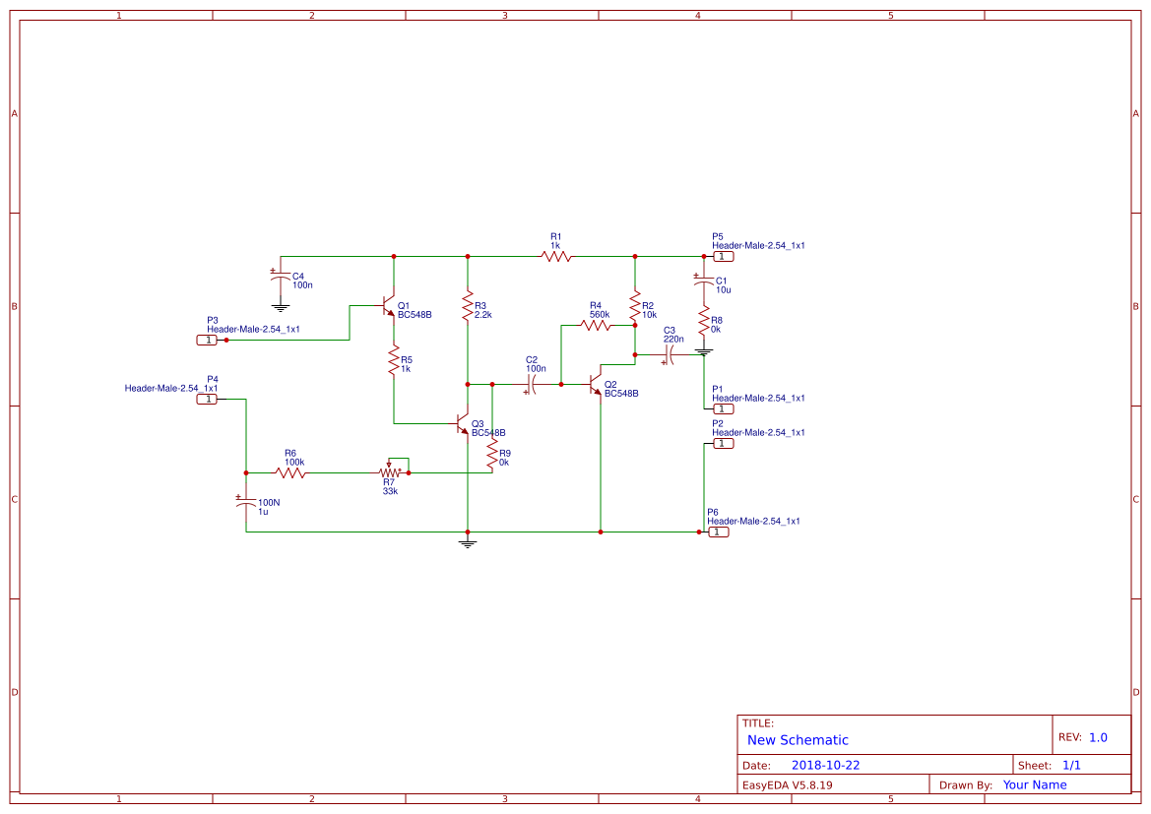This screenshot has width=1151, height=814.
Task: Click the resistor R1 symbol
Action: point(555,256)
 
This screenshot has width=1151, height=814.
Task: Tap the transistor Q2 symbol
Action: point(595,384)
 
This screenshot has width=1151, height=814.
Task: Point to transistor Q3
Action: point(463,424)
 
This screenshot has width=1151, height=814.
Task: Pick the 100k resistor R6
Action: point(290,472)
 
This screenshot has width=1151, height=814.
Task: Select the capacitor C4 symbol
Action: point(281,278)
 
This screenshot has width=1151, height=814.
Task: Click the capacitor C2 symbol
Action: point(533,384)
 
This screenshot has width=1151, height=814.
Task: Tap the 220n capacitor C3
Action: point(669,354)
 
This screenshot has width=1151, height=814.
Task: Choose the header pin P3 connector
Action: point(207,340)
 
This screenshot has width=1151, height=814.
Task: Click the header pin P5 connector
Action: point(723,256)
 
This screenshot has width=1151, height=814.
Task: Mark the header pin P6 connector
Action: point(719,532)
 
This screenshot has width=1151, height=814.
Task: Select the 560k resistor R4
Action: point(595,325)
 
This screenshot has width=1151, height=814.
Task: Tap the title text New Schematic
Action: point(798,740)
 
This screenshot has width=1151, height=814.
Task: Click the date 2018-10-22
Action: point(825,765)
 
